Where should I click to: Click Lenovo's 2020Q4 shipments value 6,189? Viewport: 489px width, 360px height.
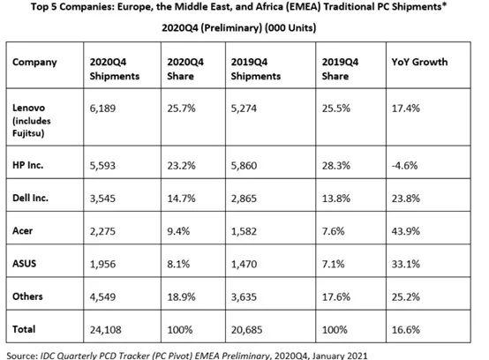pyautogui.click(x=102, y=109)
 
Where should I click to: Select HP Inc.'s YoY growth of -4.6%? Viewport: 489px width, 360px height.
pyautogui.click(x=404, y=165)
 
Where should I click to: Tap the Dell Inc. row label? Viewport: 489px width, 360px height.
pyautogui.click(x=30, y=198)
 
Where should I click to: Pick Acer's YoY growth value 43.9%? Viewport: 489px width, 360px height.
pyautogui.click(x=406, y=231)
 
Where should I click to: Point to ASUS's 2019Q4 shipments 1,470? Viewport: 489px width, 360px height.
pyautogui.click(x=244, y=265)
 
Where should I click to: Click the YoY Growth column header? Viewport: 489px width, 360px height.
pyautogui.click(x=419, y=62)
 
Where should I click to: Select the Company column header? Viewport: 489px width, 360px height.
pyautogui.click(x=34, y=63)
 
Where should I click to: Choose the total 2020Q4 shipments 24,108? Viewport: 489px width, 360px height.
pyautogui.click(x=105, y=330)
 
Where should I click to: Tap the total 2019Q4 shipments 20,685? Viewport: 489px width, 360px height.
pyautogui.click(x=246, y=330)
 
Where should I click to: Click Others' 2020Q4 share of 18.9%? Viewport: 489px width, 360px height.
pyautogui.click(x=181, y=296)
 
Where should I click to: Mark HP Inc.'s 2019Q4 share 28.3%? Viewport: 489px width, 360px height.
pyautogui.click(x=336, y=165)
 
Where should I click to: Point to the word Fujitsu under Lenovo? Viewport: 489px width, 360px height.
pyautogui.click(x=28, y=133)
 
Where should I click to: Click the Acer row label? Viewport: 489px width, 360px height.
pyautogui.click(x=22, y=231)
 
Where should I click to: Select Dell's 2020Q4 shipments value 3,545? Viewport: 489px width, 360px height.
pyautogui.click(x=102, y=199)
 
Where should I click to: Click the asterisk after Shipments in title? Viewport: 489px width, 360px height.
pyautogui.click(x=444, y=5)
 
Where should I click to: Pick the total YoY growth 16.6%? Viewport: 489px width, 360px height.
pyautogui.click(x=406, y=330)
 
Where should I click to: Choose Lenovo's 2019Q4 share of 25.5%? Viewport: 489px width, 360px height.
pyautogui.click(x=336, y=109)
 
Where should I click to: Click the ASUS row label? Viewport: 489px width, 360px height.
pyautogui.click(x=25, y=264)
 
